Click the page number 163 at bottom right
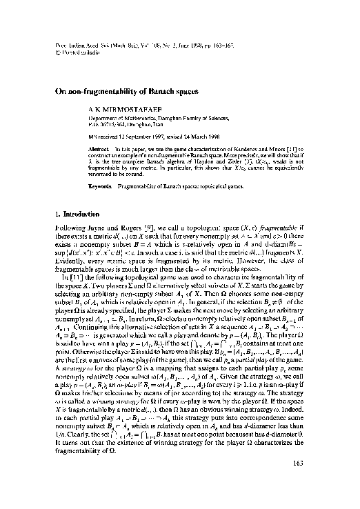click(x=308, y=484)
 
